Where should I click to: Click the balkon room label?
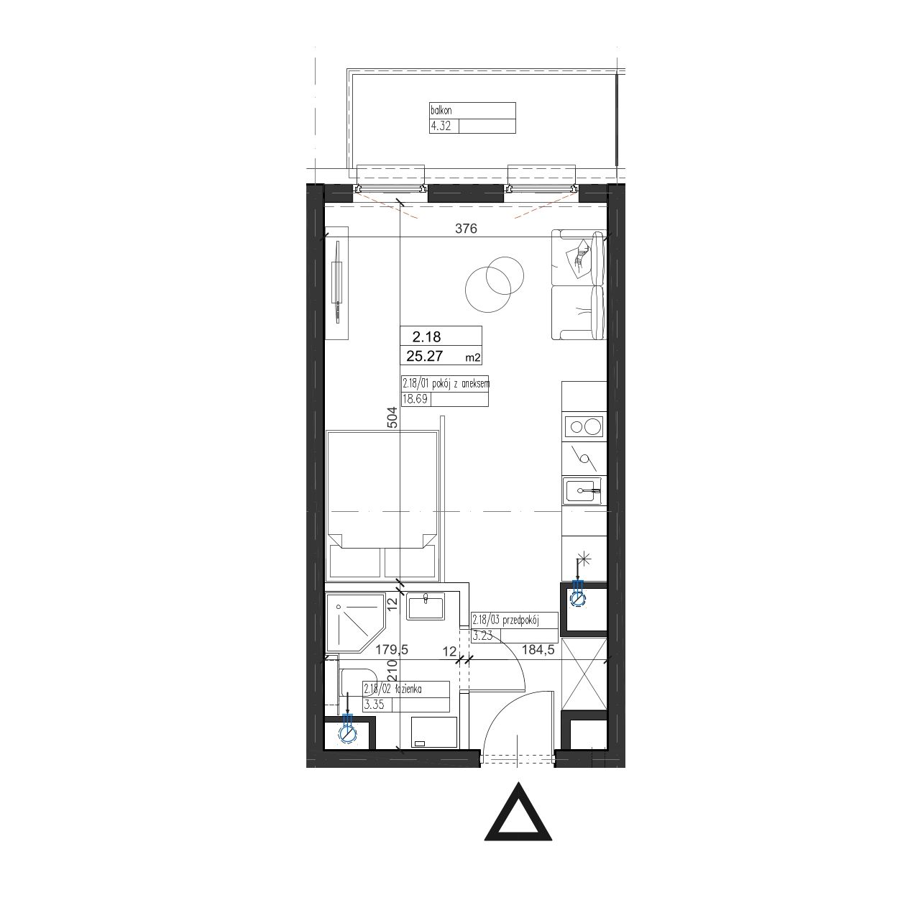pyautogui.click(x=441, y=111)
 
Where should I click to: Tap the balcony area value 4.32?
pyautogui.click(x=441, y=126)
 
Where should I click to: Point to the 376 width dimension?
pyautogui.click(x=466, y=228)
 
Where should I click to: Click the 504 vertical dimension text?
pyautogui.click(x=392, y=417)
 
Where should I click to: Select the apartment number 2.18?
pyautogui.click(x=426, y=336)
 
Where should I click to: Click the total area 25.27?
pyautogui.click(x=425, y=356)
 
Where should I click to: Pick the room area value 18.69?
pyautogui.click(x=415, y=399)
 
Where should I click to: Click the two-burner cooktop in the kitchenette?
pyautogui.click(x=584, y=427)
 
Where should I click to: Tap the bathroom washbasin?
pyautogui.click(x=426, y=606)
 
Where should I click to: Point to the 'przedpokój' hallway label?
pyautogui.click(x=520, y=620)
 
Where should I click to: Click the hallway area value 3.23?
pyautogui.click(x=482, y=636)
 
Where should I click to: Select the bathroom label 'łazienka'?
pyautogui.click(x=408, y=689)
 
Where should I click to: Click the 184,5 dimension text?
pyautogui.click(x=538, y=649)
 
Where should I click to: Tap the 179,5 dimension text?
pyautogui.click(x=392, y=649)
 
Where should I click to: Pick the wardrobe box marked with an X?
pyautogui.click(x=584, y=675)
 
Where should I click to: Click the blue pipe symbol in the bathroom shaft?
pyautogui.click(x=347, y=731)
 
